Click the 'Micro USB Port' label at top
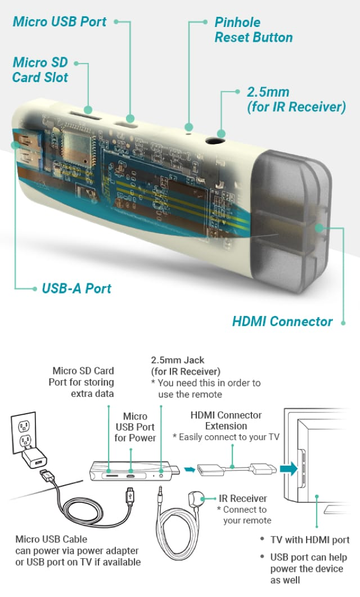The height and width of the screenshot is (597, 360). click(59, 22)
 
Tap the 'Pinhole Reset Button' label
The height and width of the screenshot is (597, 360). click(253, 30)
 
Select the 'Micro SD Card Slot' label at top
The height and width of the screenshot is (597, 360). click(40, 69)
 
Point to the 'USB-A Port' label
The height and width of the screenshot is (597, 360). click(76, 289)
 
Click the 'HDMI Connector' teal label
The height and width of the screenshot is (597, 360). click(282, 322)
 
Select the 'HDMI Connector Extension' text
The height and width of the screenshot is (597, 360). click(226, 420)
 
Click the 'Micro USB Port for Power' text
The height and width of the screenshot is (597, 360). click(135, 427)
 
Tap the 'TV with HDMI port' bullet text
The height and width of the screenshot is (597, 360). click(309, 540)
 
